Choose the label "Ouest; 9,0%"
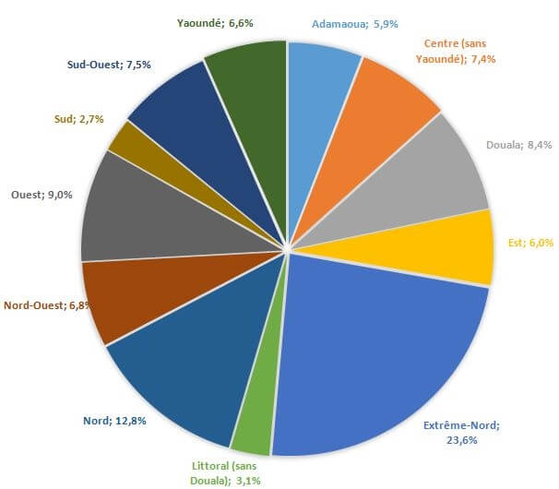[x=42, y=195]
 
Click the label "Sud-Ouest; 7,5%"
[x=109, y=65]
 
